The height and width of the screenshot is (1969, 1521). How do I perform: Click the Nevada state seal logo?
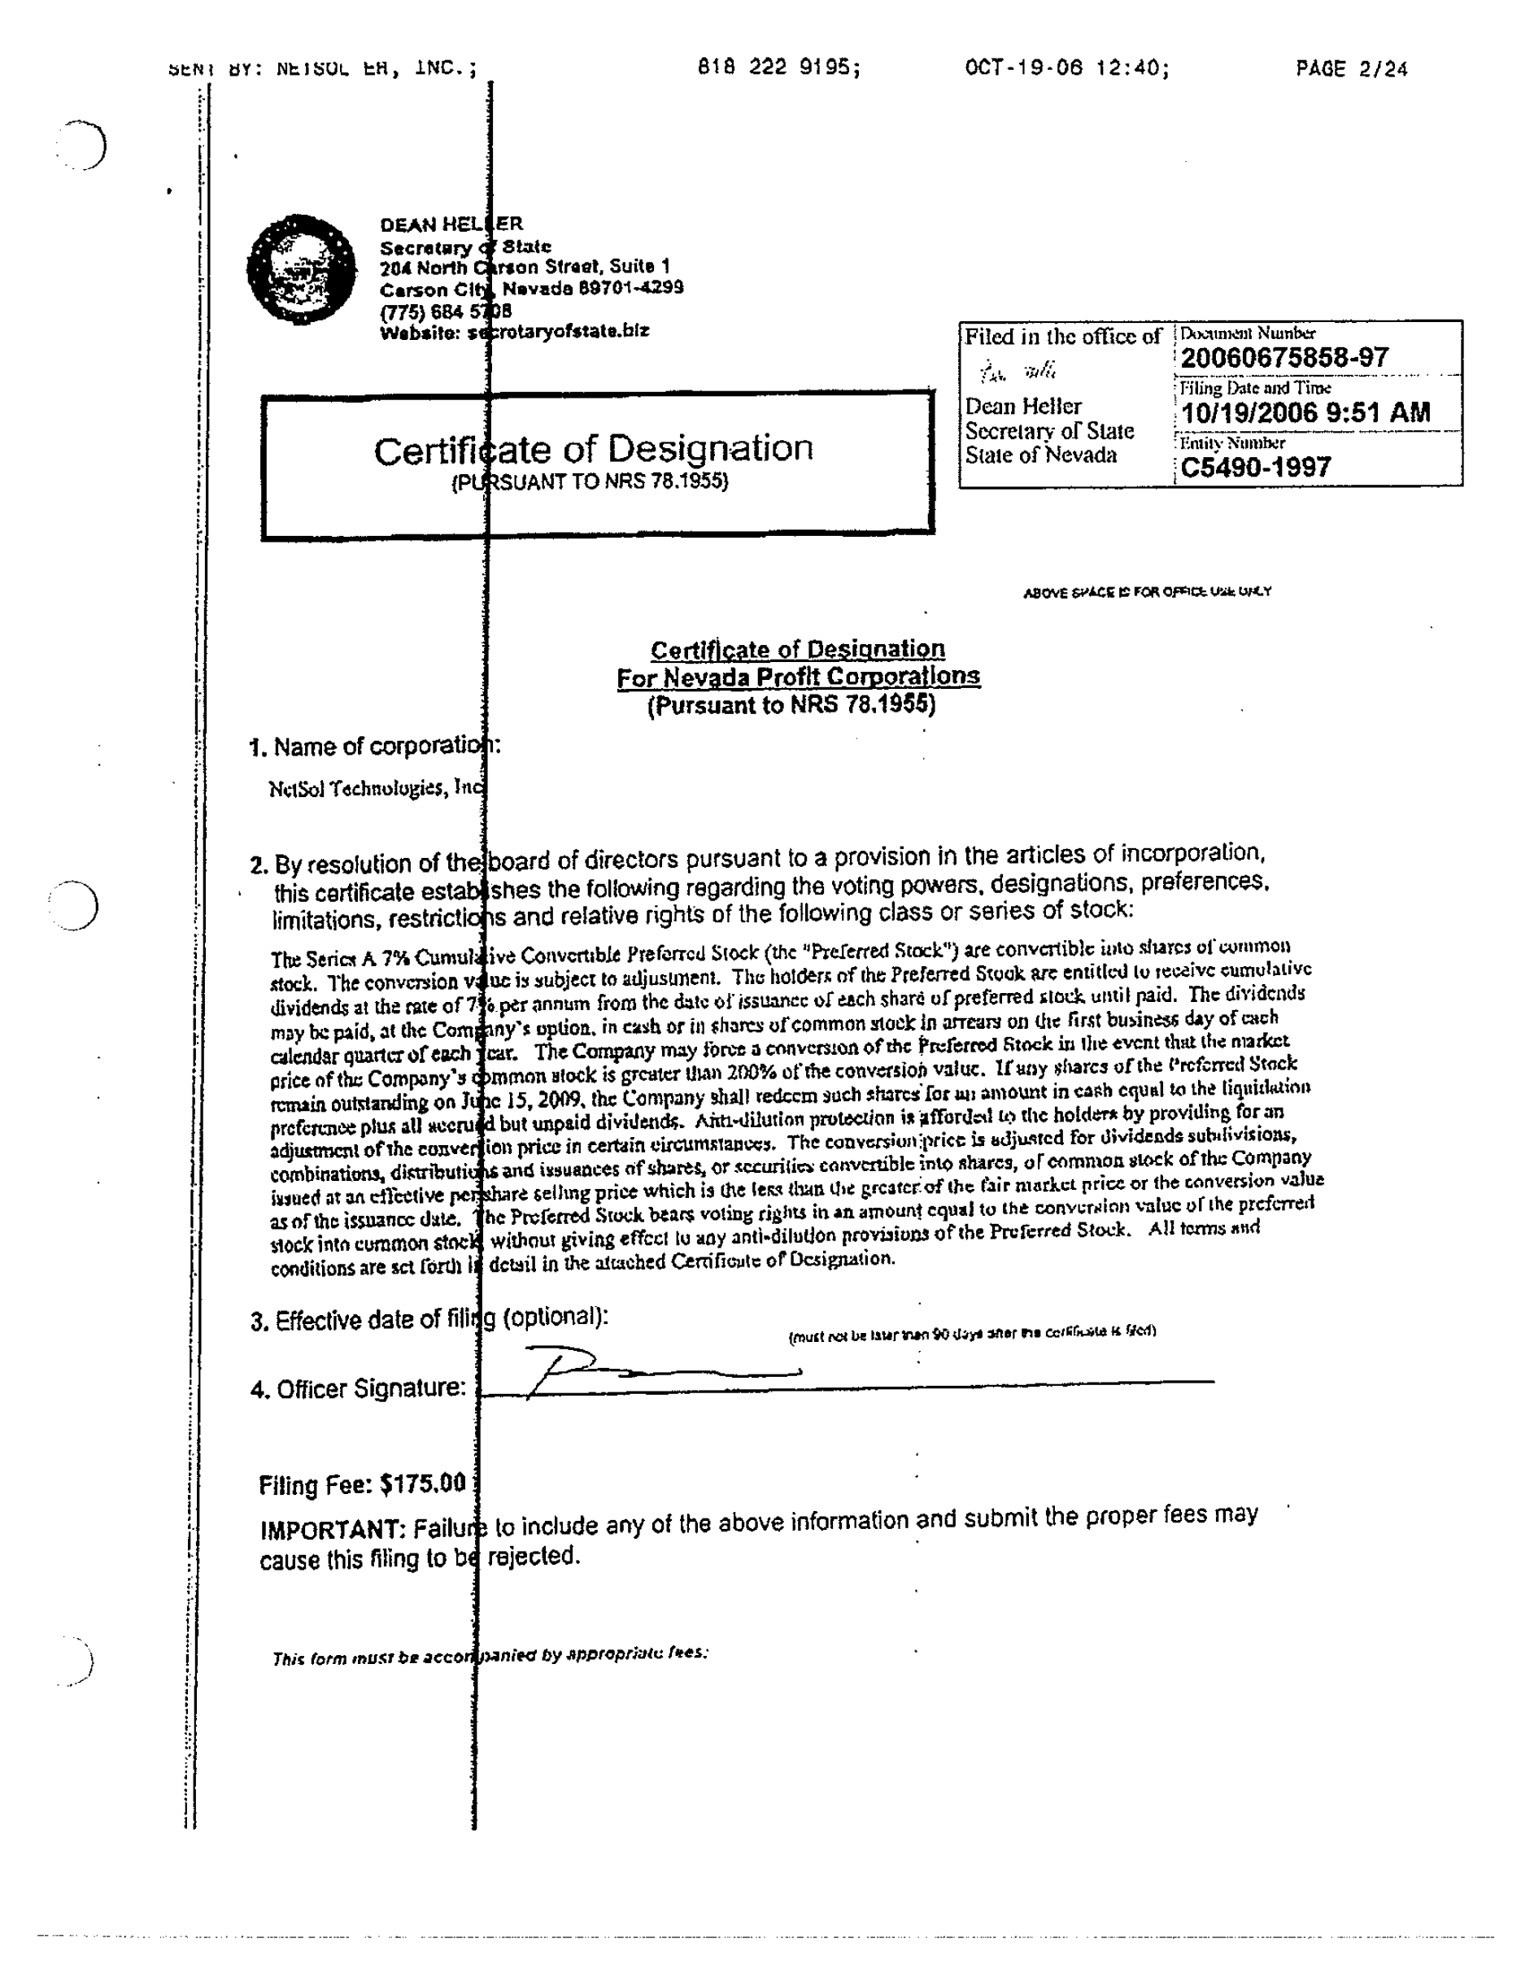[301, 269]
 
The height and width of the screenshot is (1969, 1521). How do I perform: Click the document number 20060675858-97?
[1283, 358]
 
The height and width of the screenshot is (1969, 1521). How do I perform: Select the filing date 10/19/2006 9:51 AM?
[1305, 413]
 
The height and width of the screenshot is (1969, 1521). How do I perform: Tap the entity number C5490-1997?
[1255, 467]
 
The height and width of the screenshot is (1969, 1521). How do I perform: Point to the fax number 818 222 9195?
[778, 68]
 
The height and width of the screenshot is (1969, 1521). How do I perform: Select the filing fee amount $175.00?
[422, 1483]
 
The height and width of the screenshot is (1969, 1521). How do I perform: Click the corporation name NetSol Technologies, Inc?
[377, 788]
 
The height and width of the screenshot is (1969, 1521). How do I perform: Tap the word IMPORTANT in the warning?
[331, 1530]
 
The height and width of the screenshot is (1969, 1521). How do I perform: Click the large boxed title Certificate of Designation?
[593, 449]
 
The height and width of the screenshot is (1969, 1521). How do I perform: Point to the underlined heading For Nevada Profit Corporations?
[798, 677]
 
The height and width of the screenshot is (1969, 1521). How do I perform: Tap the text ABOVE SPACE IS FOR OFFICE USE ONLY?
[1147, 592]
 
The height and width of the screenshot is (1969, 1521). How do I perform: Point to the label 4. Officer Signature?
[358, 1389]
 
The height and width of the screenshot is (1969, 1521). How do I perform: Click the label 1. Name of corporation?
[374, 747]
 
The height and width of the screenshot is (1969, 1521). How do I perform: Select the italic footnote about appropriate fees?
[490, 1655]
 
